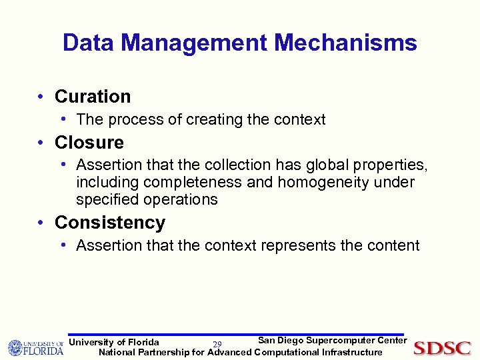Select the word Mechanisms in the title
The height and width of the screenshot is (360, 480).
point(345,43)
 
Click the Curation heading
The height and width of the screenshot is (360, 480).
point(93,97)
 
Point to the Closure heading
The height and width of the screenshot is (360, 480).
point(89,143)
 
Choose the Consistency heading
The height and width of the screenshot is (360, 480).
point(110,223)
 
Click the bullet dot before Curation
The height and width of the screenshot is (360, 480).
point(41,97)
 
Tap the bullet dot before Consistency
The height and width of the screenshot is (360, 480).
point(41,223)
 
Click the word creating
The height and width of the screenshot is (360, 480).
point(215,120)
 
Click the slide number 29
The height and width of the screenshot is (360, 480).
point(217,344)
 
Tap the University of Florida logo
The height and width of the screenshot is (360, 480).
point(35,347)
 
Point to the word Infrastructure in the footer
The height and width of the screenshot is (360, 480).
point(352,352)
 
